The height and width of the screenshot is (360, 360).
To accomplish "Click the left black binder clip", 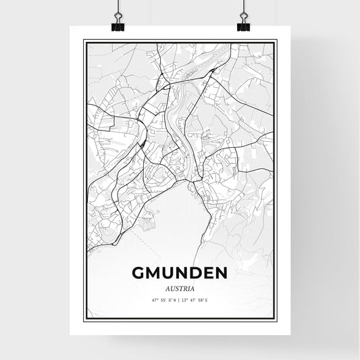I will [x=118, y=26].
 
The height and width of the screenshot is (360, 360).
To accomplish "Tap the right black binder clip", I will [x=243, y=26].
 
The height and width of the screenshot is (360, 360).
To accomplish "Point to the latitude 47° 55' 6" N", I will [x=164, y=300].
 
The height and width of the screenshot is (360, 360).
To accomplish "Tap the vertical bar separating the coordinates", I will [x=180, y=300].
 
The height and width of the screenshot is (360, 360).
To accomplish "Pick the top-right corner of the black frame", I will [x=276, y=41].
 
